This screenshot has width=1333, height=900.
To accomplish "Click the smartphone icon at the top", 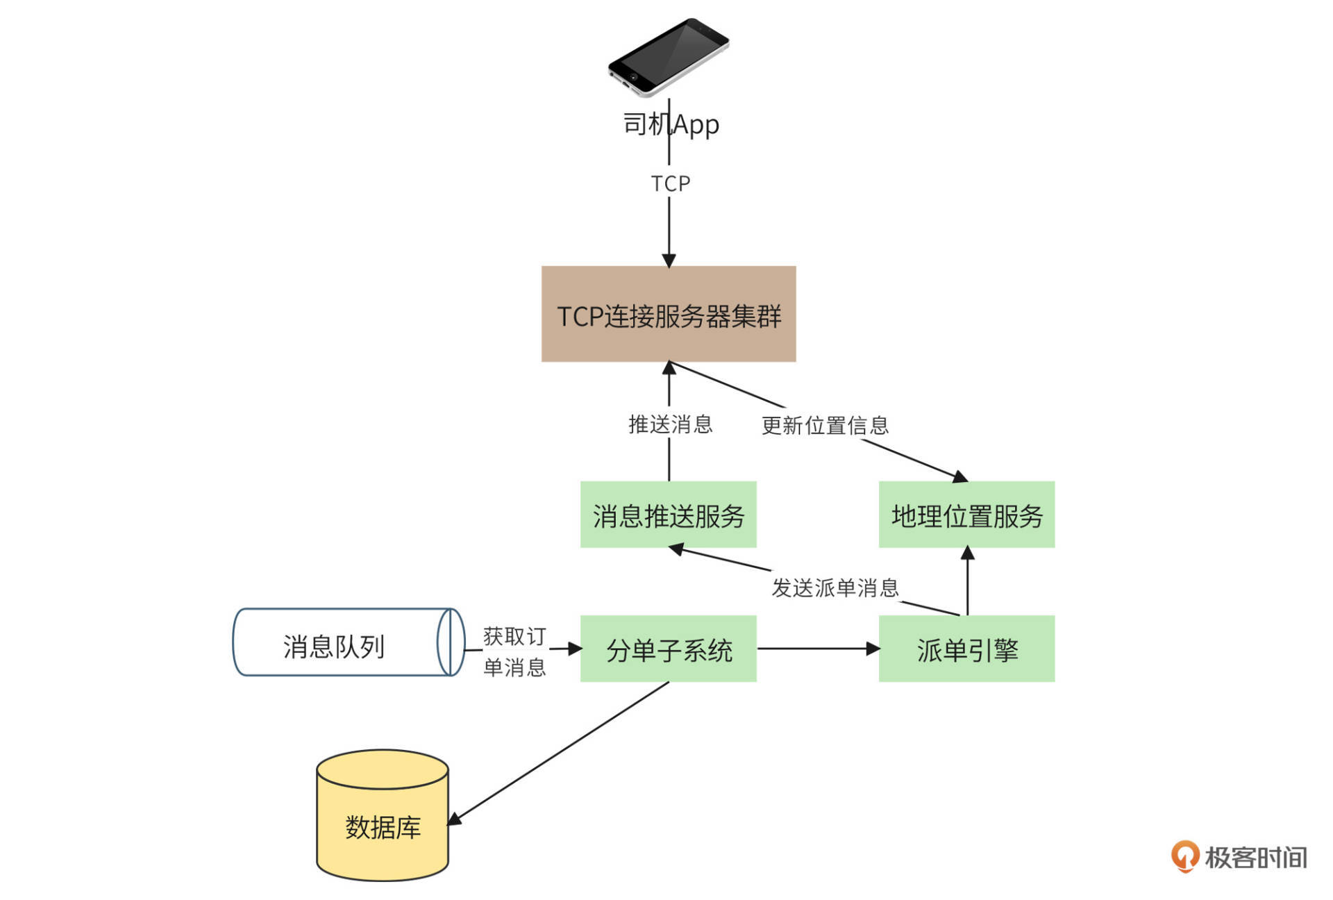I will tap(668, 57).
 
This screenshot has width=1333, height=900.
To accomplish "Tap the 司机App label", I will tap(671, 124).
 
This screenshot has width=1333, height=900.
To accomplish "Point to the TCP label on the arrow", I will tap(670, 183).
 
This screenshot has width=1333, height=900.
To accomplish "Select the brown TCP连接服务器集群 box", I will tap(668, 314).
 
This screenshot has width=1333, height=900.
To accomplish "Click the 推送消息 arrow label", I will tap(670, 424).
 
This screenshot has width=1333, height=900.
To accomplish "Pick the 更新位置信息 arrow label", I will tap(825, 425).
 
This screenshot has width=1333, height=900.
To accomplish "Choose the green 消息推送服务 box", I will tap(668, 515).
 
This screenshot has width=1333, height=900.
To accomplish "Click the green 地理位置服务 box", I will tap(966, 515).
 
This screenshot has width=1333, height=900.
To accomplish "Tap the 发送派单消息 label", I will tap(835, 587).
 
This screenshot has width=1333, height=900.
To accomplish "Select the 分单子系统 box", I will tap(668, 649).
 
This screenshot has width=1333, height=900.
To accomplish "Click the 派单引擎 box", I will tap(966, 649).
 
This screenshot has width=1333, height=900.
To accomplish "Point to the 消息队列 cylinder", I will tap(347, 643).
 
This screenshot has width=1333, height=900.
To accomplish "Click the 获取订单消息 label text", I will tap(514, 651).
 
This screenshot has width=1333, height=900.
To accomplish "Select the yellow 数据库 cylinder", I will tap(382, 819).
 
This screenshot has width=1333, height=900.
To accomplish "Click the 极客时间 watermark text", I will tap(1255, 858).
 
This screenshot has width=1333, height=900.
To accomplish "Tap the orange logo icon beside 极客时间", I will tap(1185, 856).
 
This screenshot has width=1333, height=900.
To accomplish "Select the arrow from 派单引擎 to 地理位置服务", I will tap(967, 583).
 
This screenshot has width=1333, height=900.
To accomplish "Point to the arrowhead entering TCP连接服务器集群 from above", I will tap(669, 260).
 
